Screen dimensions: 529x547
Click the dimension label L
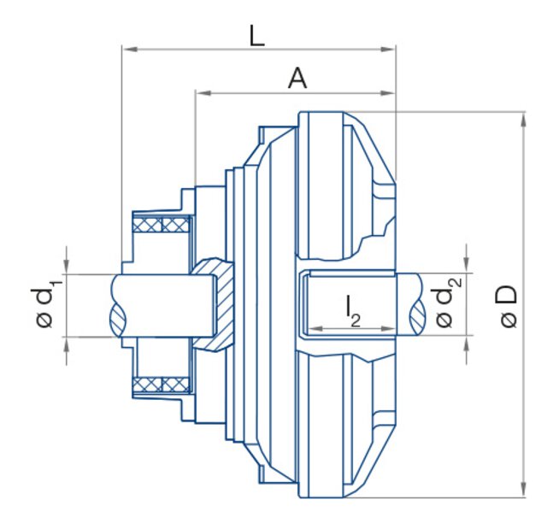pos(256,35)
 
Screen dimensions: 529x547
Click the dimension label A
pos(297,79)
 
